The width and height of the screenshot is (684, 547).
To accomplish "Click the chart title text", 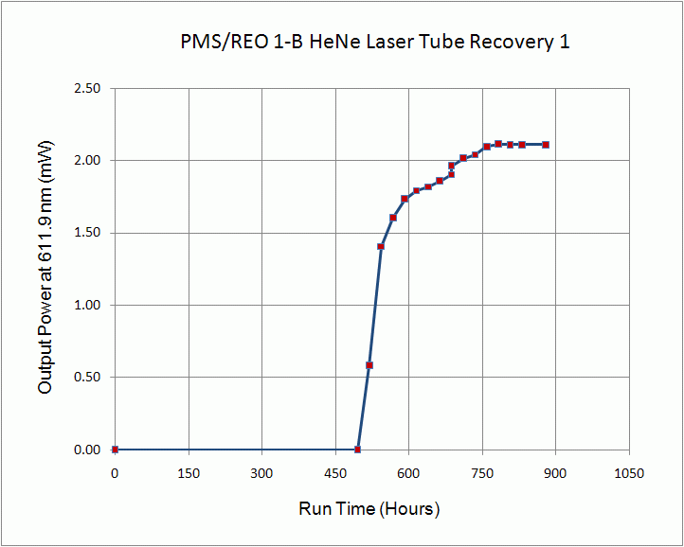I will [374, 42].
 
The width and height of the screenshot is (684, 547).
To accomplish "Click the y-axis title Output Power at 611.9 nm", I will [45, 268].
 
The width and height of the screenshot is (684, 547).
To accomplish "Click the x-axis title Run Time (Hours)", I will [369, 508].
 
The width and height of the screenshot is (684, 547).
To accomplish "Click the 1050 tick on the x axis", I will [629, 472].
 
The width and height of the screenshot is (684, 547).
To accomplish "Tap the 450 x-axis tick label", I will [335, 472].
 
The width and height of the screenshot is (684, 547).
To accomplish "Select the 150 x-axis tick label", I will [189, 472].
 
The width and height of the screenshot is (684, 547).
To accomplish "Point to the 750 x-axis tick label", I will [482, 472].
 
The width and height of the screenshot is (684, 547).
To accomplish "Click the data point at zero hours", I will [115, 450].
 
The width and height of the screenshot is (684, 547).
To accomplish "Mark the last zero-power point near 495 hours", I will [357, 450].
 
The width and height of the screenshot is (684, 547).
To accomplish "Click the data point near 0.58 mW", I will [369, 365].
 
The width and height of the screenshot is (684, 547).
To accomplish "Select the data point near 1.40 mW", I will [381, 247].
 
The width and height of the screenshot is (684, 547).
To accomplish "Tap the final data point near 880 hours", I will [546, 145].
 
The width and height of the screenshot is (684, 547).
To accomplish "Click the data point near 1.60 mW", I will [392, 218].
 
